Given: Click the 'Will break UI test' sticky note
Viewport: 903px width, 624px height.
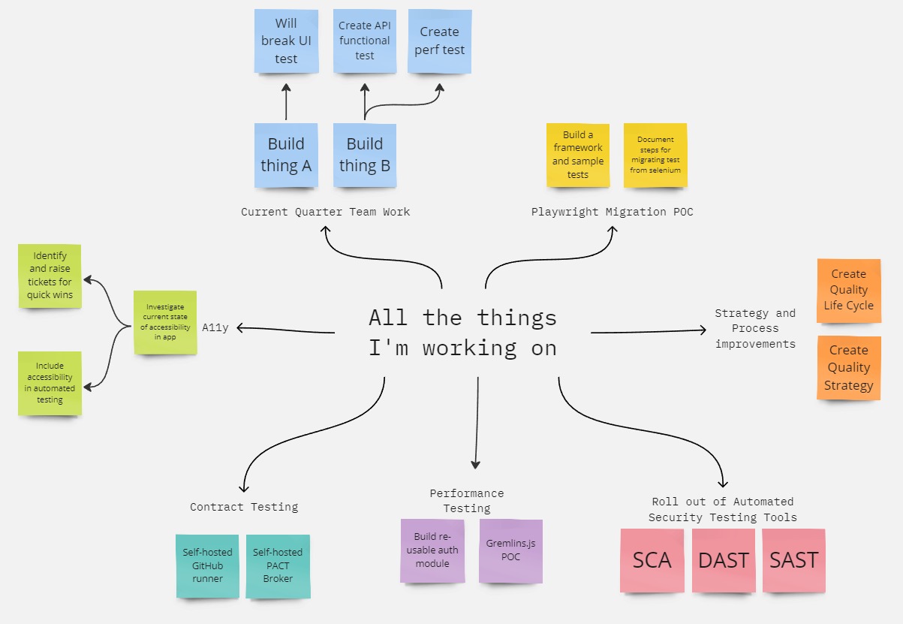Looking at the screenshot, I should [x=286, y=41].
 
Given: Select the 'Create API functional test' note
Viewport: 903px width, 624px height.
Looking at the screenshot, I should [x=364, y=41].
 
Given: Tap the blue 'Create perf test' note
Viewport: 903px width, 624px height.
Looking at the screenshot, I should [x=440, y=41].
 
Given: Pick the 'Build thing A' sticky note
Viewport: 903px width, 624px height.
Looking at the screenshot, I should [x=286, y=155].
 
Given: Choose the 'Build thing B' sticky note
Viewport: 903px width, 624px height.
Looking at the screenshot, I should [x=365, y=155].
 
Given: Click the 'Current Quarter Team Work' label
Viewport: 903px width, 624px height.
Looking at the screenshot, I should [x=325, y=212].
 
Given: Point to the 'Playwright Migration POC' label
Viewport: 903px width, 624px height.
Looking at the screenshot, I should [x=612, y=212].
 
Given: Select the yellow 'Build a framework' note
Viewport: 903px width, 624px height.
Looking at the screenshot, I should [x=578, y=155].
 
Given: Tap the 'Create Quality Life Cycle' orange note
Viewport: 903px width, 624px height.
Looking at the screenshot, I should [x=848, y=290].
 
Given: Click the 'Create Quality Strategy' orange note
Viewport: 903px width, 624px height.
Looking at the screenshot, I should [x=848, y=368].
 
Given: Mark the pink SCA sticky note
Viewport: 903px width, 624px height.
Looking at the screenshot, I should [x=652, y=560].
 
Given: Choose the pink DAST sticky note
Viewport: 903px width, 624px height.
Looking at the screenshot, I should [x=724, y=560].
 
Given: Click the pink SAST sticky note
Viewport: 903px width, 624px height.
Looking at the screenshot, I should [x=793, y=560].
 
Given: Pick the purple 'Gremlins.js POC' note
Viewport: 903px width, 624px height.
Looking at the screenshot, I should [x=510, y=550].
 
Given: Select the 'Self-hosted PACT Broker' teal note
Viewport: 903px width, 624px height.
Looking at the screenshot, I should [x=278, y=565].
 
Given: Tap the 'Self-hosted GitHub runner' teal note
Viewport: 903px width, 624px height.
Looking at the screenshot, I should [x=208, y=565].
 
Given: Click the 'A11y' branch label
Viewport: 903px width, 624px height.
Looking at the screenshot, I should [x=215, y=327].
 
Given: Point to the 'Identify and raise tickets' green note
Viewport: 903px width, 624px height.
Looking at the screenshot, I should [x=50, y=276].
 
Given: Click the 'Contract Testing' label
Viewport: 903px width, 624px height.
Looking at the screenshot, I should [x=244, y=507].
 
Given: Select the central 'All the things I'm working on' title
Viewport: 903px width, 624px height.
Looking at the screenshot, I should [x=462, y=332].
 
